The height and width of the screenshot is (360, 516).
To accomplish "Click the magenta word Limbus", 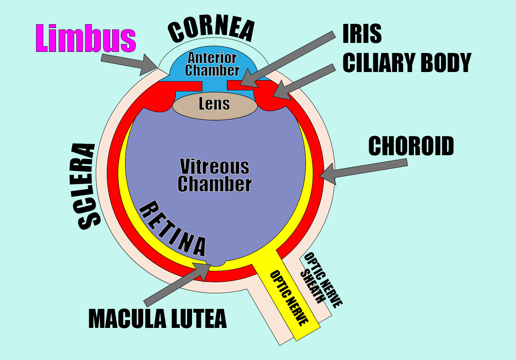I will tap(85, 38).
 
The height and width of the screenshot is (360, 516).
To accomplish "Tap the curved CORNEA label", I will tap(211, 29).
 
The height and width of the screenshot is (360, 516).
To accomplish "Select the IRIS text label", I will tap(362, 34).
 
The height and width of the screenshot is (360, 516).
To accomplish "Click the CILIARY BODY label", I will tap(407, 63).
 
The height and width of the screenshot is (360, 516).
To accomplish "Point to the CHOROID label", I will tap(411, 146).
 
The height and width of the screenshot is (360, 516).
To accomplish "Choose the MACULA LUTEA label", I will tap(157, 319).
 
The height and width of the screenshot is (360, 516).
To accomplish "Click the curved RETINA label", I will tap(173, 229).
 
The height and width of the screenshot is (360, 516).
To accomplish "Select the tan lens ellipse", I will tap(215, 106).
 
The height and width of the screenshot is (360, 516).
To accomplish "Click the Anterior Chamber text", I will tap(212, 64).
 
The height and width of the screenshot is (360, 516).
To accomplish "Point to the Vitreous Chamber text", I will tap(215, 175).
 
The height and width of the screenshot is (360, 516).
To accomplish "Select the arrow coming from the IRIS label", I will tap(287, 59).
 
